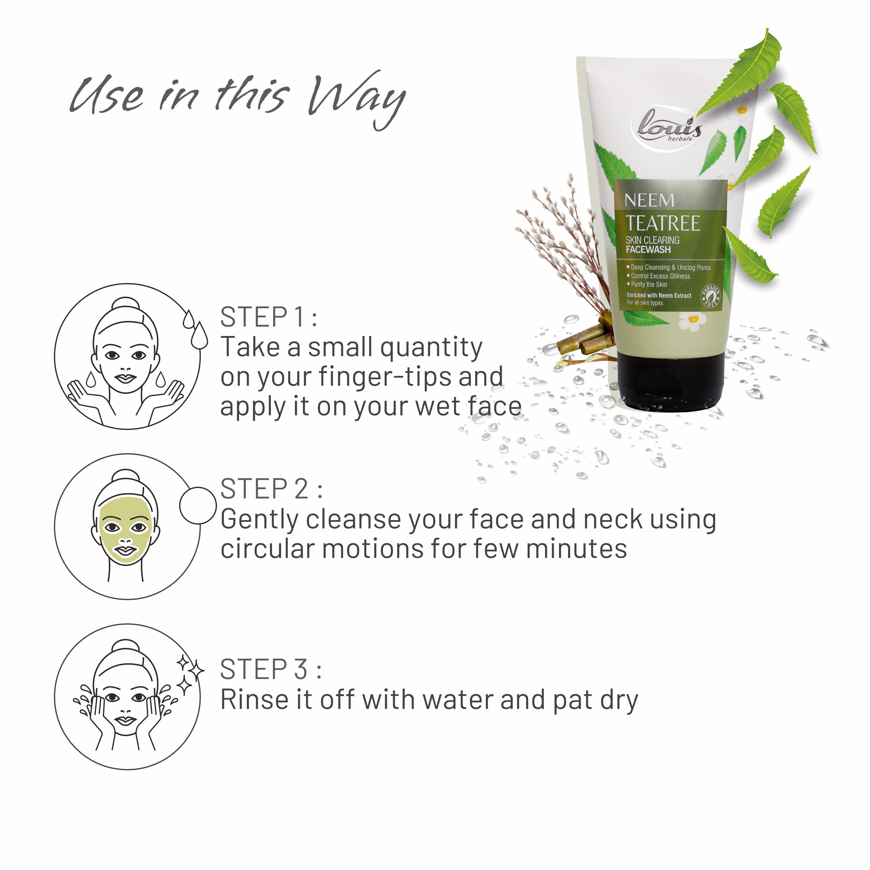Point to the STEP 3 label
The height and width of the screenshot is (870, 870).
(x=271, y=669)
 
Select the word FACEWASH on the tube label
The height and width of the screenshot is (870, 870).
(x=648, y=250)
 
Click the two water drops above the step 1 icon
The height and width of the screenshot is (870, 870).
(x=195, y=329)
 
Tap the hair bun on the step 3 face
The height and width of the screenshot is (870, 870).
(x=126, y=647)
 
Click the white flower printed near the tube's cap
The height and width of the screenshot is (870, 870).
(x=693, y=321)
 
